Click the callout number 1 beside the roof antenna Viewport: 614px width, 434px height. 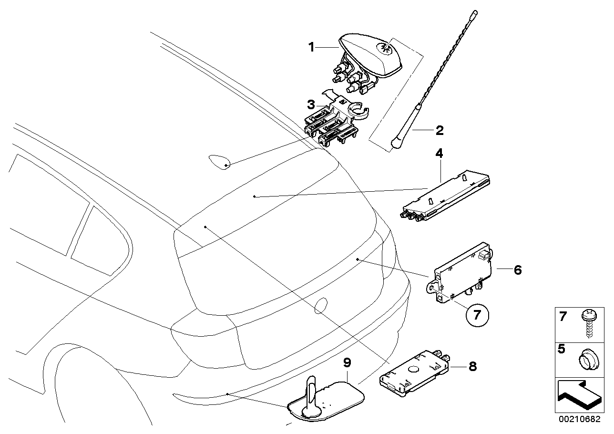point(311,47)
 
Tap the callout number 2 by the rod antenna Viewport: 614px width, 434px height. point(440,130)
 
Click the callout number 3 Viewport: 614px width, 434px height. point(311,104)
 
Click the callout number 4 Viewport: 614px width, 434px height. point(439,154)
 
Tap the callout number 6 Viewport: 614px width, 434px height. point(517,270)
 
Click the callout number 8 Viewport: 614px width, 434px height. point(472,366)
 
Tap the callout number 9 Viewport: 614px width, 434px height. point(348,363)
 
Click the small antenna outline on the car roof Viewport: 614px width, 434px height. point(220,162)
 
